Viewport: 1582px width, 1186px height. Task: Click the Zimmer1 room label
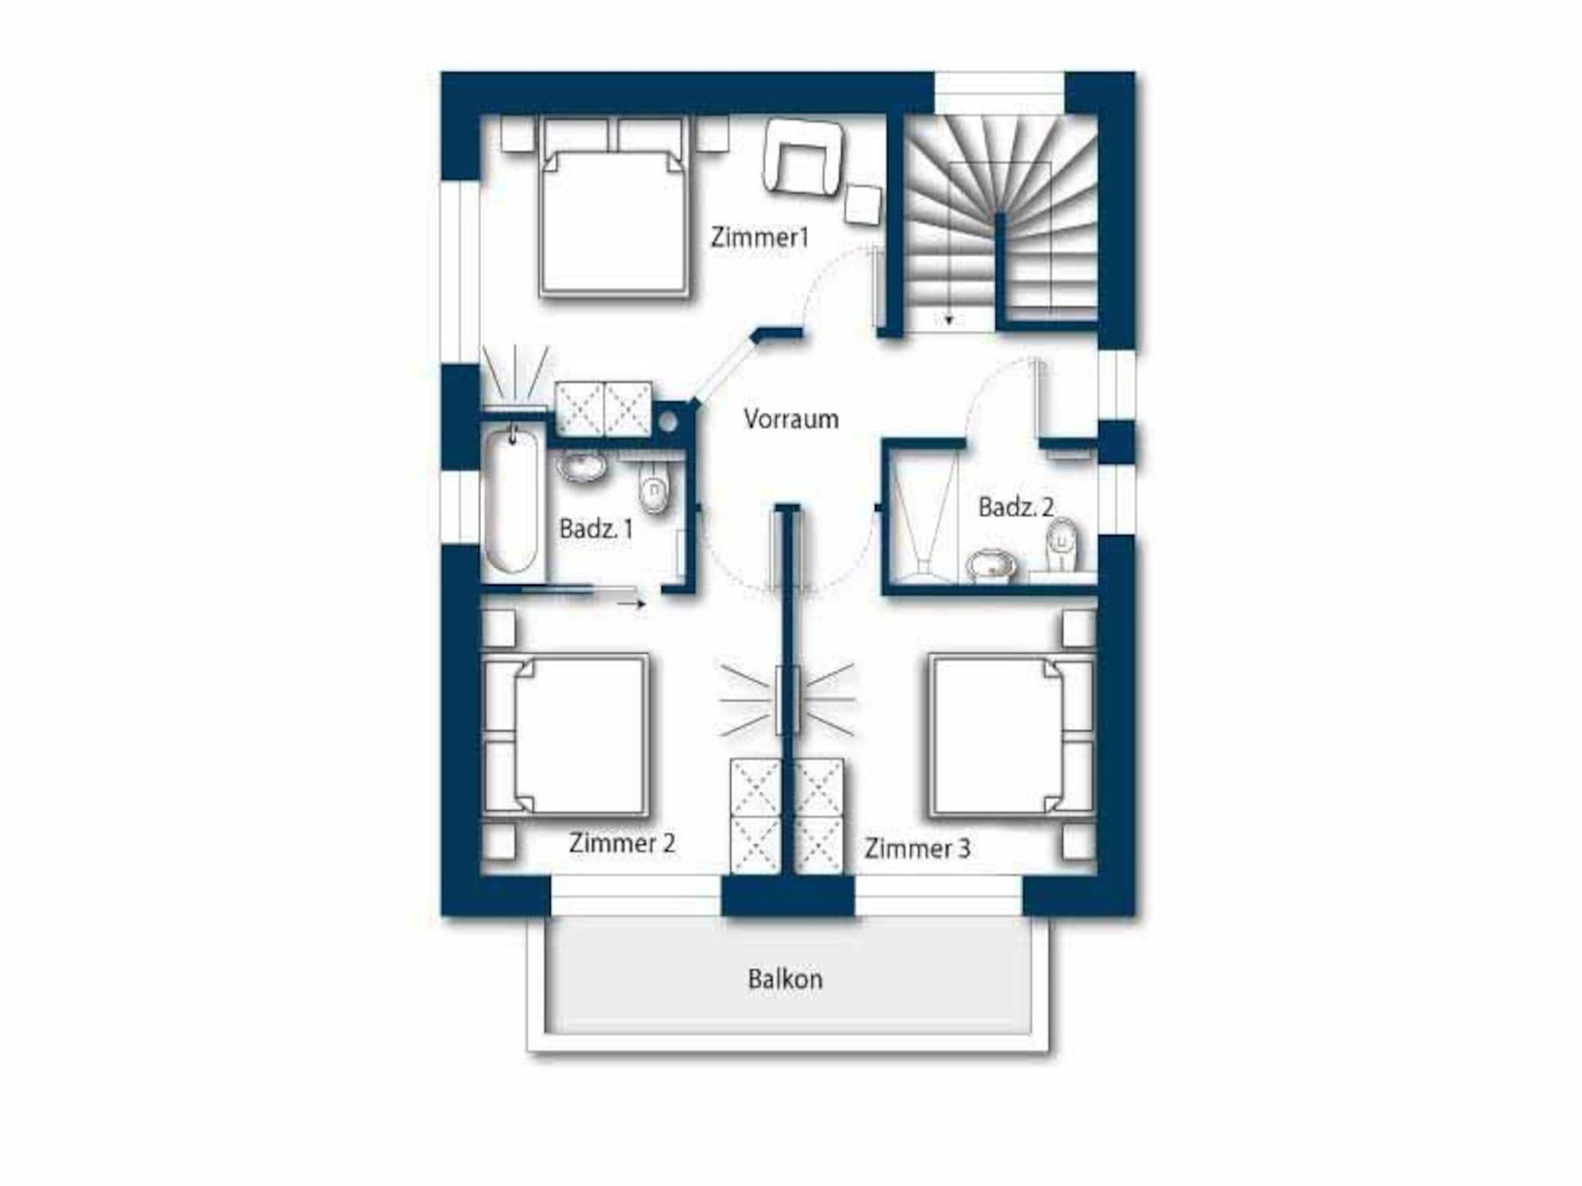[x=760, y=237]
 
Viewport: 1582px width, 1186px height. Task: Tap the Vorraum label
[x=791, y=419]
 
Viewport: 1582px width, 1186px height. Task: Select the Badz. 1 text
[x=596, y=529]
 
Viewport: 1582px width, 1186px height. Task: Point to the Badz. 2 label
[x=1016, y=507]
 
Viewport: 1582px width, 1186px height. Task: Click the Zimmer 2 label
[x=622, y=843]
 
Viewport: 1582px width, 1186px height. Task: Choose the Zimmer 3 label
[x=918, y=849]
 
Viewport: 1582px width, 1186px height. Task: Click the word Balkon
[x=785, y=979]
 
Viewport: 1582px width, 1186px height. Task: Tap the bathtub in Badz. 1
[x=511, y=499]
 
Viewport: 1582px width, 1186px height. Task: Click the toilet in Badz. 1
[x=654, y=489]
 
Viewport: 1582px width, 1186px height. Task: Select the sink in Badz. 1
[x=582, y=466]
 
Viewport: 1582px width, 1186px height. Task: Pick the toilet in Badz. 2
[x=1062, y=547]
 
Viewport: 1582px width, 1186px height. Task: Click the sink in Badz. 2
[x=991, y=564]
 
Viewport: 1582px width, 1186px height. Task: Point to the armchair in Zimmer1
[x=804, y=159]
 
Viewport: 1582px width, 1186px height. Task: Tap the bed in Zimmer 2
[x=565, y=735]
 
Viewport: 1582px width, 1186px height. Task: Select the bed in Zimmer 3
[x=1013, y=735]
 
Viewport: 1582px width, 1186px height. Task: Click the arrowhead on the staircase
[x=949, y=321]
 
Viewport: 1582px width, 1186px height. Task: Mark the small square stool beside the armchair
[x=864, y=205]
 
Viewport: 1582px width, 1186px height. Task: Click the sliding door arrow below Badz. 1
[x=632, y=604]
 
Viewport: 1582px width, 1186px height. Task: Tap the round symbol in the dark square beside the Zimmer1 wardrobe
[x=668, y=422]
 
